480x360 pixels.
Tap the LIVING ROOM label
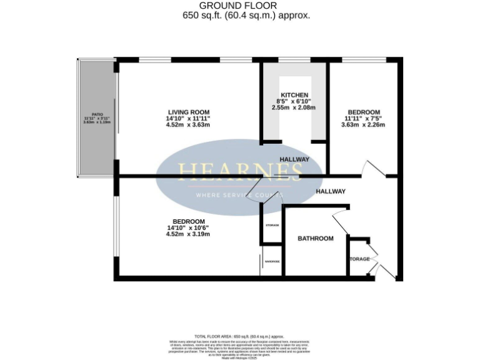(187, 111)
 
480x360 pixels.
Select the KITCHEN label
(294, 95)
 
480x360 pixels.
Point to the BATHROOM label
(315, 238)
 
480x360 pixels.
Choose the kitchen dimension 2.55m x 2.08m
(294, 107)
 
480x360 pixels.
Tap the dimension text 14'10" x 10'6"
(187, 227)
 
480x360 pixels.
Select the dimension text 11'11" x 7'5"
(363, 117)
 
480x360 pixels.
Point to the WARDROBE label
(272, 262)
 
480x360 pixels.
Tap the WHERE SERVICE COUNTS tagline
(240, 195)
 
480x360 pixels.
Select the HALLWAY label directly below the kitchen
(294, 159)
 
